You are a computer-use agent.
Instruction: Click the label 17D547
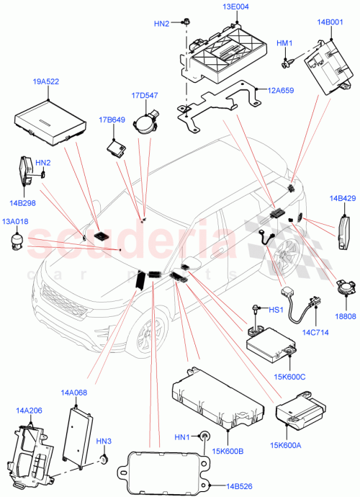point(145,94)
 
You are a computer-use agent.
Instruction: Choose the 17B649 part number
point(111,120)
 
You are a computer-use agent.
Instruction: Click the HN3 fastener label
point(104,441)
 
